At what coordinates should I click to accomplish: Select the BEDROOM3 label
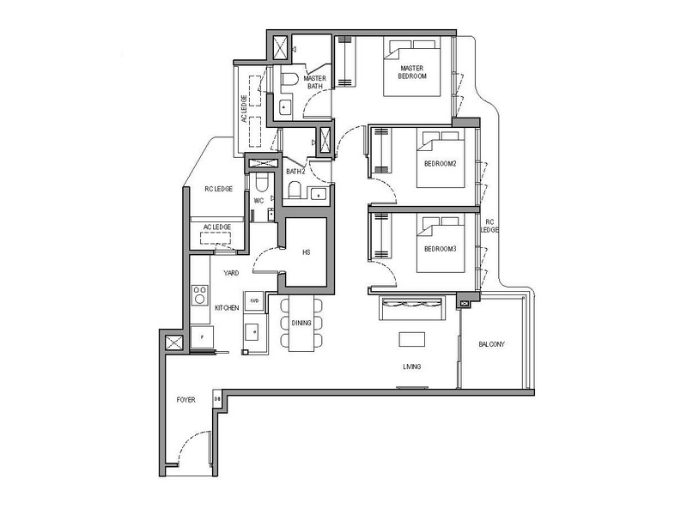[440, 248]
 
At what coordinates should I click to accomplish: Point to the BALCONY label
[493, 345]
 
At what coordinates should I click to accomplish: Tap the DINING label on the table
[302, 324]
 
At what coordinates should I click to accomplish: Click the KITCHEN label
[226, 306]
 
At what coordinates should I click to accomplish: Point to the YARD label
[231, 273]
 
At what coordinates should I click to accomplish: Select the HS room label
[305, 253]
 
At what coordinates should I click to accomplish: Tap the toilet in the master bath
[289, 82]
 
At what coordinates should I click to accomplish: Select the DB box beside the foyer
[217, 400]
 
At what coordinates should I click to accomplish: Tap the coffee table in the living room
[412, 338]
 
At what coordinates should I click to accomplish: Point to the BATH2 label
[295, 172]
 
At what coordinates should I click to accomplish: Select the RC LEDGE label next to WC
[218, 189]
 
